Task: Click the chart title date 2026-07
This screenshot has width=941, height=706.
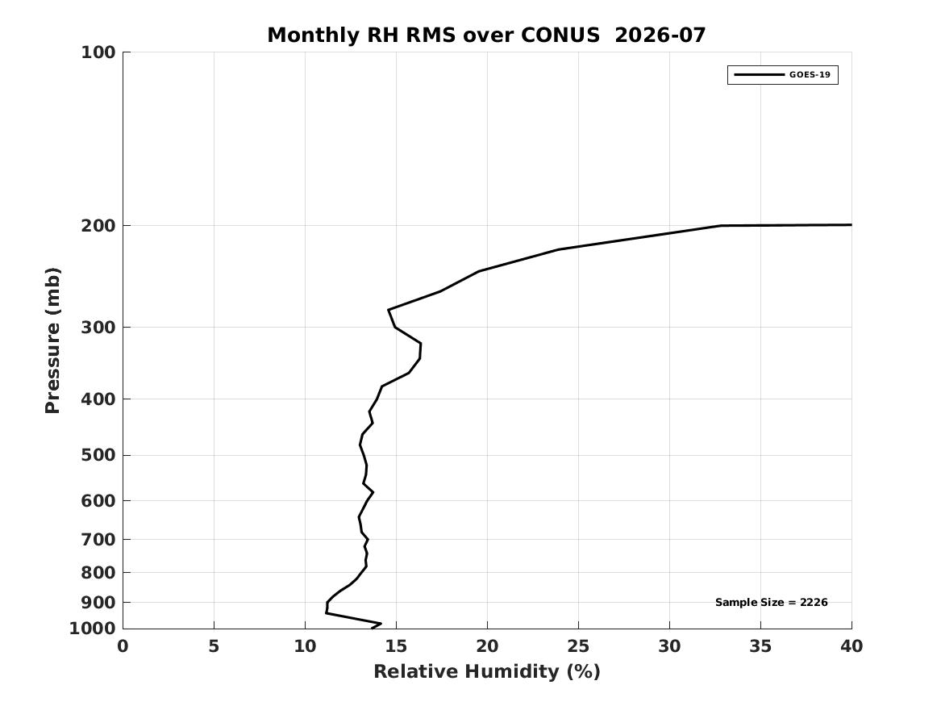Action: pyautogui.click(x=660, y=36)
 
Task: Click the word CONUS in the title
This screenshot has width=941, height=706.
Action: pyautogui.click(x=560, y=36)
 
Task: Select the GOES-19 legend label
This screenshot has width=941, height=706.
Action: pyautogui.click(x=810, y=75)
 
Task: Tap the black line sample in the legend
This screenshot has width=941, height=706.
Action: pyautogui.click(x=759, y=75)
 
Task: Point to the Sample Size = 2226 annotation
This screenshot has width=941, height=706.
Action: pyautogui.click(x=771, y=602)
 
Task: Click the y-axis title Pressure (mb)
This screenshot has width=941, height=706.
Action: pyautogui.click(x=52, y=340)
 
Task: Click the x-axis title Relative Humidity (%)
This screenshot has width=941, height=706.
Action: pyautogui.click(x=487, y=671)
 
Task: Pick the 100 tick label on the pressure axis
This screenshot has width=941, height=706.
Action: pyautogui.click(x=98, y=52)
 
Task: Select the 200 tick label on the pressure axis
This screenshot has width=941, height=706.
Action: pyautogui.click(x=98, y=226)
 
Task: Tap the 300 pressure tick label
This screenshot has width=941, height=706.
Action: pyautogui.click(x=98, y=328)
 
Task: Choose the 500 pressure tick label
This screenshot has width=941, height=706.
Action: pyautogui.click(x=98, y=455)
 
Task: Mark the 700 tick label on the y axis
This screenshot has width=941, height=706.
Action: pyautogui.click(x=98, y=540)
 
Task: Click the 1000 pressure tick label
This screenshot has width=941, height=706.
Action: pyautogui.click(x=93, y=629)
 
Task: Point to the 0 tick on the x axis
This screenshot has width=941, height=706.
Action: pyautogui.click(x=123, y=646)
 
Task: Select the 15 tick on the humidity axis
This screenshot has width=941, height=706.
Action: pyautogui.click(x=396, y=646)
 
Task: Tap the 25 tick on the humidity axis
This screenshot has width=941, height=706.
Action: pyautogui.click(x=578, y=646)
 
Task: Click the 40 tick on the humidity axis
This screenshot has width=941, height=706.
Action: pyautogui.click(x=851, y=646)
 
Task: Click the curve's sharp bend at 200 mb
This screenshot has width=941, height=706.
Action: pyautogui.click(x=721, y=226)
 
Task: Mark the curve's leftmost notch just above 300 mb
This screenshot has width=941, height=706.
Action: pyautogui.click(x=389, y=310)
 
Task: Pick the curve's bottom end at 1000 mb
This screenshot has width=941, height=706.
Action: pyautogui.click(x=373, y=628)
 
